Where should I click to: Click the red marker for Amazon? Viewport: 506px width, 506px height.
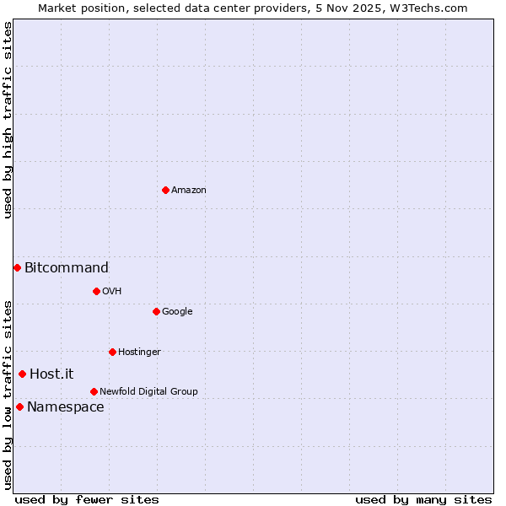(165, 190)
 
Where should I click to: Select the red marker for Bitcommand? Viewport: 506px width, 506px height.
(17, 267)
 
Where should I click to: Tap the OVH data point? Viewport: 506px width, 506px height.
(96, 291)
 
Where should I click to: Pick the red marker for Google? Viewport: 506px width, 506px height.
(156, 311)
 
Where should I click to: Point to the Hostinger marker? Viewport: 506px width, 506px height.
(112, 352)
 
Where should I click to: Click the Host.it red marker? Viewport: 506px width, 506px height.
(22, 374)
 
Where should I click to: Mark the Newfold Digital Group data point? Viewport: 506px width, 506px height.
(94, 391)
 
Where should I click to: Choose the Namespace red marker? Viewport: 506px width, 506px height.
(19, 406)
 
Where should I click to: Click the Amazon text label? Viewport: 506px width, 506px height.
(189, 191)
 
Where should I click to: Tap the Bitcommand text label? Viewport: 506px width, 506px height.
(67, 268)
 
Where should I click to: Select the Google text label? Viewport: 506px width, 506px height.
(177, 312)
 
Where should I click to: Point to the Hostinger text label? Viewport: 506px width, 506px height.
(139, 353)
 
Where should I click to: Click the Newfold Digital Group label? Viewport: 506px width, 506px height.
(148, 392)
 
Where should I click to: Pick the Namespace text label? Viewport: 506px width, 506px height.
(66, 407)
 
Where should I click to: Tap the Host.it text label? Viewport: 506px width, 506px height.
(51, 374)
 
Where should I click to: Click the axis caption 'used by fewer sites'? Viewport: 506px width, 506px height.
(87, 499)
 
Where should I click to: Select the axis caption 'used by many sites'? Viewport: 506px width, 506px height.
(423, 499)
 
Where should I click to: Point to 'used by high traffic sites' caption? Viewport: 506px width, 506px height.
(8, 120)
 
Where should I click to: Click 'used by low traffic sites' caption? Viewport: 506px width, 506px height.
(8, 395)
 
